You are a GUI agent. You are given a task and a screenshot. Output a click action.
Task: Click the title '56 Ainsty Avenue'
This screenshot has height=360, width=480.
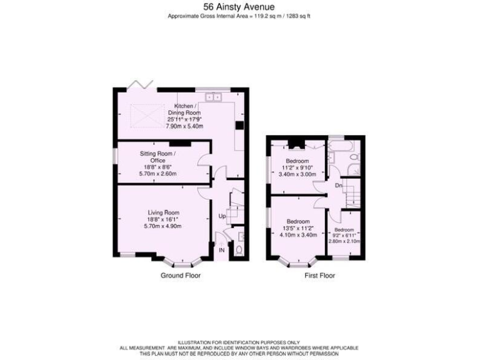(239, 7)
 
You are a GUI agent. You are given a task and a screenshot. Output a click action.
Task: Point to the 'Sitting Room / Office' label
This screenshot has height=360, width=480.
(157, 157)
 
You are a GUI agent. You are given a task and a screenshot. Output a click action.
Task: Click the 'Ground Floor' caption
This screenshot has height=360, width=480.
(181, 276)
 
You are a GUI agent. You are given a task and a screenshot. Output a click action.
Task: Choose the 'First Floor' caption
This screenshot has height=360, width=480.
(319, 276)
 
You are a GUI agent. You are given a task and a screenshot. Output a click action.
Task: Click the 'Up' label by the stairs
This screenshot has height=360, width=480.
(221, 216)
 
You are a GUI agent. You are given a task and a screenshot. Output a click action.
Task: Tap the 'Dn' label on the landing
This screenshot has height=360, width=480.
(338, 186)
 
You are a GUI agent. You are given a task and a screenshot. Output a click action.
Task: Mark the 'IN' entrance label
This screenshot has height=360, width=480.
(221, 251)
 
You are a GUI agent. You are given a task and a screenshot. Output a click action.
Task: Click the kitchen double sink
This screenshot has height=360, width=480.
(216, 97)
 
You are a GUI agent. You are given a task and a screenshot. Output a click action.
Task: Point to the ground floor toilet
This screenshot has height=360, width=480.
(238, 251)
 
